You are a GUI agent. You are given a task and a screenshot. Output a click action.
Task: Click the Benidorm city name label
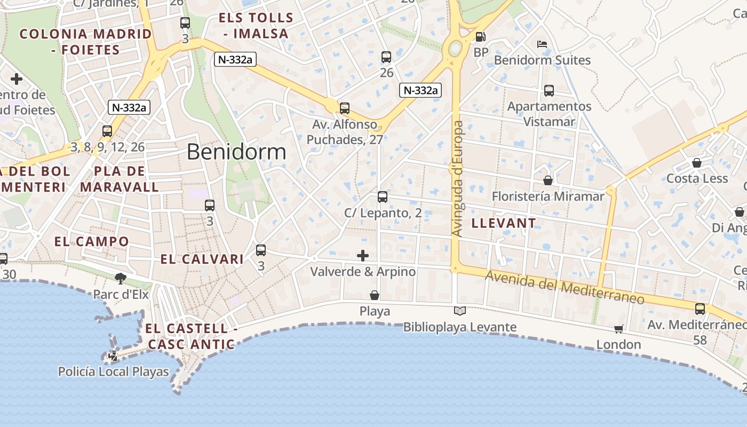tap(236, 152)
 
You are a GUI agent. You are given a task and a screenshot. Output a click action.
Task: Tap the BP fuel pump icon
tap(481, 37)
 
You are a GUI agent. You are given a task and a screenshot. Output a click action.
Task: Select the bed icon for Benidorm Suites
tap(542, 44)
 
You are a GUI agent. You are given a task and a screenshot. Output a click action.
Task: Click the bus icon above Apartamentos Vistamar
tap(549, 91)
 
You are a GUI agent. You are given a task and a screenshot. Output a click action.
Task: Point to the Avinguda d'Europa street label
tap(458, 179)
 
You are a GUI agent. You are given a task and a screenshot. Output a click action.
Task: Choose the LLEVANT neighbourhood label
tap(504, 223)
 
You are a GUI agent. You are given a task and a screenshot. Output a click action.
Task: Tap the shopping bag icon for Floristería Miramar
tap(548, 180)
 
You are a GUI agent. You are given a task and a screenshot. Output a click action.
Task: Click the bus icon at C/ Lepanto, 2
tap(383, 197)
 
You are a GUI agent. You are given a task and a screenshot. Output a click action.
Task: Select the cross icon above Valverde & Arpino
tap(363, 256)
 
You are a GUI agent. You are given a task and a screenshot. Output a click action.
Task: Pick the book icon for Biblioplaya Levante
tap(459, 311)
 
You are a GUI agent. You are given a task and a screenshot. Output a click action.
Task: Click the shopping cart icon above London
tap(618, 329)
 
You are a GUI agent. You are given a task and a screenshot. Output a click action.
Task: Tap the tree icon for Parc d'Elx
tap(121, 278)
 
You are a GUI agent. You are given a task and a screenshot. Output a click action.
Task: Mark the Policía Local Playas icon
tap(113, 356)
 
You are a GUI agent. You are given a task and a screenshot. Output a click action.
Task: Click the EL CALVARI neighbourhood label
tap(202, 259)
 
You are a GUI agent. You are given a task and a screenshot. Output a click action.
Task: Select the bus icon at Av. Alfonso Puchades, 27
tap(345, 108)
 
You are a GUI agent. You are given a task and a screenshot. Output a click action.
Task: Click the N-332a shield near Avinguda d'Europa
tap(420, 90)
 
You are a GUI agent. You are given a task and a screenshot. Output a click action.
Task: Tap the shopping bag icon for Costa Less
tap(697, 163)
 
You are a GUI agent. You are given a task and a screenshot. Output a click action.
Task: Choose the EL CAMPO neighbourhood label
tap(92, 241)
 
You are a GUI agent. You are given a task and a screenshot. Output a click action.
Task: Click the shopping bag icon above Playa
tap(375, 295)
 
